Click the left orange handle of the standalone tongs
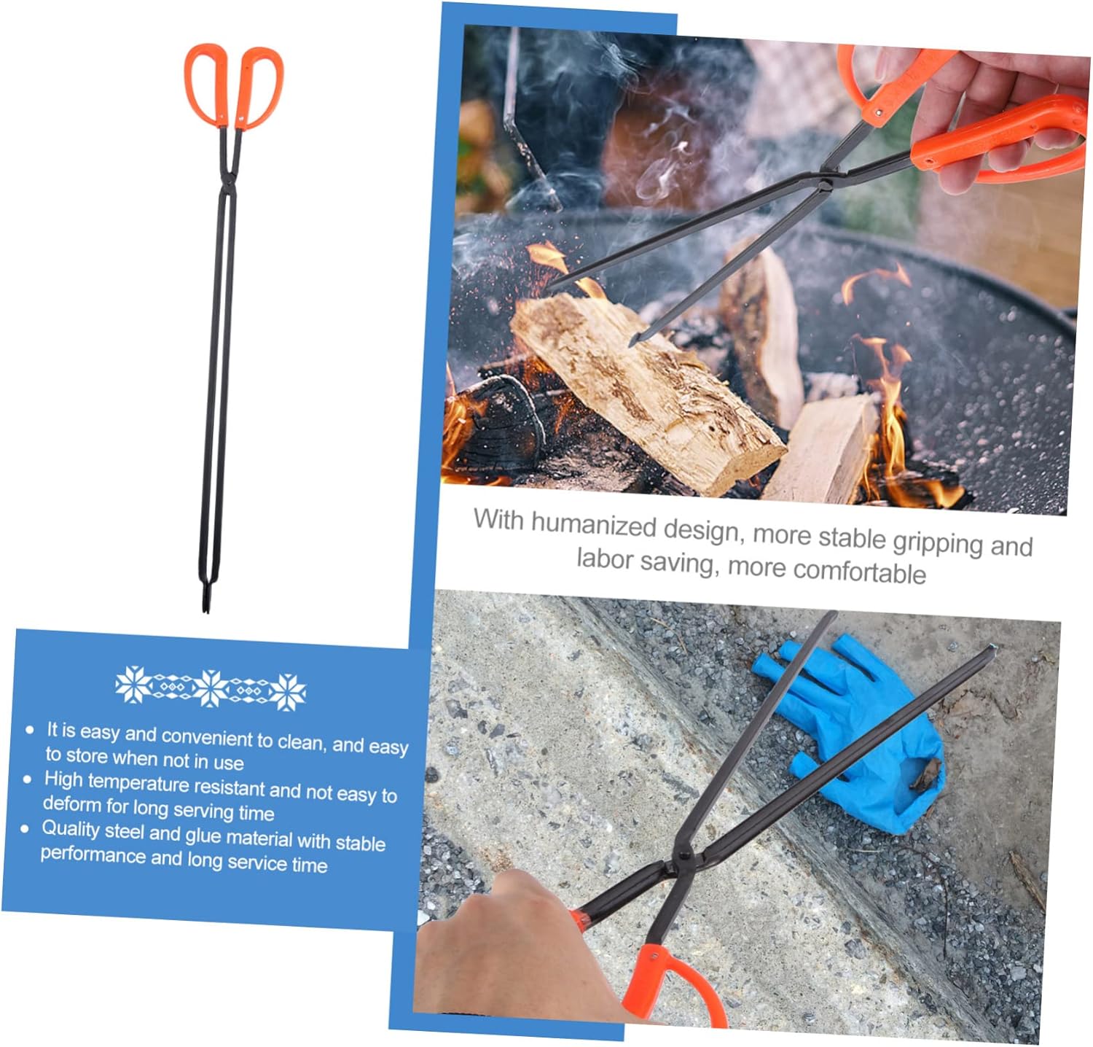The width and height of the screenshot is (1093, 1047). pos(205,82)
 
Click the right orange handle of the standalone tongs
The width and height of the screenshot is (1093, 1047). pos(259,86)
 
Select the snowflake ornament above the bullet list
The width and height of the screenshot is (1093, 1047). pos(211,688)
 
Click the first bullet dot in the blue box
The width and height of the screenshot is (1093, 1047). pos(30,729)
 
